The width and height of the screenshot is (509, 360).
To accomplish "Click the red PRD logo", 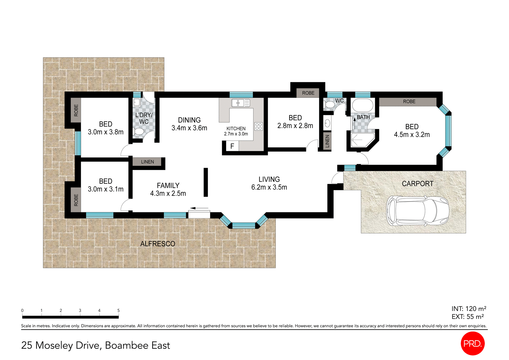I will pyautogui.click(x=472, y=343).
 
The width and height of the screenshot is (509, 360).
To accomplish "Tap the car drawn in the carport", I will pyautogui.click(x=417, y=211).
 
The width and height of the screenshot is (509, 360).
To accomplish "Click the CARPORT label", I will pyautogui.click(x=417, y=183).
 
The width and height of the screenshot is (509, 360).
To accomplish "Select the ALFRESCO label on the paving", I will pyautogui.click(x=157, y=244).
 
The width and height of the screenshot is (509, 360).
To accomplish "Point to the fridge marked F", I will pyautogui.click(x=232, y=146).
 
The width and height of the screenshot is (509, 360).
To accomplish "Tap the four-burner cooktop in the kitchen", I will pyautogui.click(x=258, y=126).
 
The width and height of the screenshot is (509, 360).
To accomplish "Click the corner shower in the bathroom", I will pyautogui.click(x=362, y=140).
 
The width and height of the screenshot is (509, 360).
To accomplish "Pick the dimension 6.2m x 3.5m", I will pyautogui.click(x=269, y=187).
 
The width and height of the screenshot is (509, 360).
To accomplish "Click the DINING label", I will pyautogui.click(x=189, y=120).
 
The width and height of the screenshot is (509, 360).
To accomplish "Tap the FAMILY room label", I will pyautogui.click(x=168, y=185).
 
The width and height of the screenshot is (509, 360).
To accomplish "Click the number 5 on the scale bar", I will pyautogui.click(x=119, y=310).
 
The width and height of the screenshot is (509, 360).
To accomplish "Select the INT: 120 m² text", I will pyautogui.click(x=468, y=309).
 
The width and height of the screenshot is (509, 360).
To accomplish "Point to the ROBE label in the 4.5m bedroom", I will pyautogui.click(x=409, y=102).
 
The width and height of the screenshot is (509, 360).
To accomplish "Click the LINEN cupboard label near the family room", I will pyautogui.click(x=147, y=162).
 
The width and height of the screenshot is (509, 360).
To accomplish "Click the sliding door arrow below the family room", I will pyautogui.click(x=199, y=208).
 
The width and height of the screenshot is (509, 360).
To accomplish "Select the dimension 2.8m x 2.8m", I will pyautogui.click(x=295, y=126).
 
